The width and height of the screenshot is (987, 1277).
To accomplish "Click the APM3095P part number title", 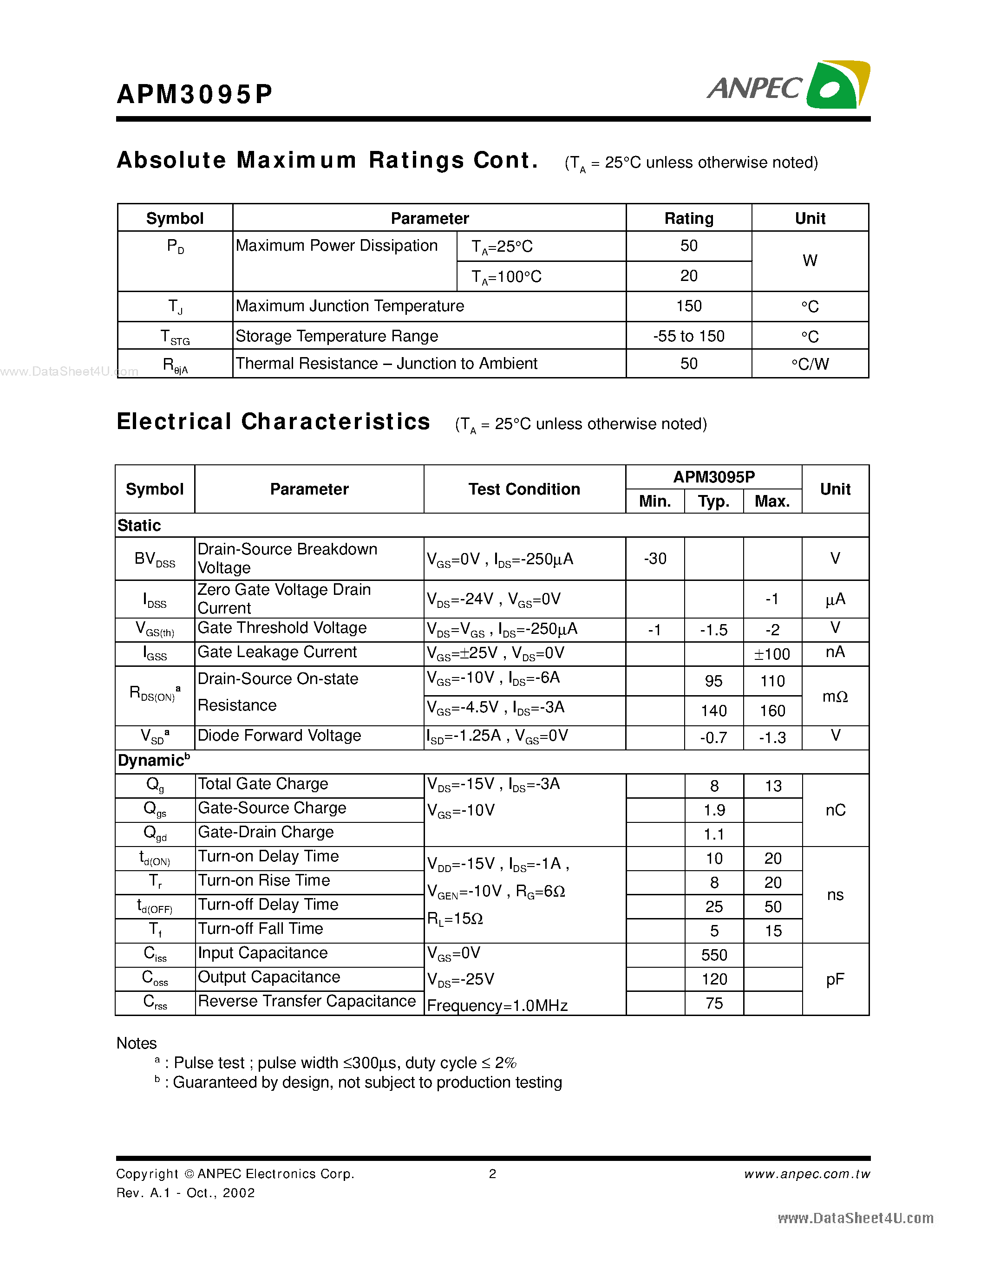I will coord(195,93).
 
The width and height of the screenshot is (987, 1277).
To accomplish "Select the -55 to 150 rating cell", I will coord(688,336).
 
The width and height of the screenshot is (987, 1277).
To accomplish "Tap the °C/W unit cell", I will coord(810,364).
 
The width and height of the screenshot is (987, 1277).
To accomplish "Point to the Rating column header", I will coord(688,218).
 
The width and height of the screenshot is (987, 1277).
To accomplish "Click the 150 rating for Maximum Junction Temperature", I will coord(688,306).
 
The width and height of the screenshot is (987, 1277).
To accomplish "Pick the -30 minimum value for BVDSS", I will coord(655,558).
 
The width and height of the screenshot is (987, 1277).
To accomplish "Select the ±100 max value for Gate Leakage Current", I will coord(772,654).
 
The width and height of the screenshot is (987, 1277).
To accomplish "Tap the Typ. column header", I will coord(713,502).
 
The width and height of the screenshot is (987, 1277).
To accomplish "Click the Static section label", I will coord(139,525).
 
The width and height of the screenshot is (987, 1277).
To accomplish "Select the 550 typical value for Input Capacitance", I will coord(714,955).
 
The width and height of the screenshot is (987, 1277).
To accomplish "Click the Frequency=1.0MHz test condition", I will coord(497,1005).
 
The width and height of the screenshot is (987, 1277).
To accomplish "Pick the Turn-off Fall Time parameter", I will coord(260,929).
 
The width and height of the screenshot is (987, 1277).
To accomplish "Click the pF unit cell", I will coord(835,979).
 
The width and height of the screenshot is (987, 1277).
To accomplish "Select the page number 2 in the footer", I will coord(492,1173).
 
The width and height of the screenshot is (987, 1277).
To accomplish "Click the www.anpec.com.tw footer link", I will coord(806,1173).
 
